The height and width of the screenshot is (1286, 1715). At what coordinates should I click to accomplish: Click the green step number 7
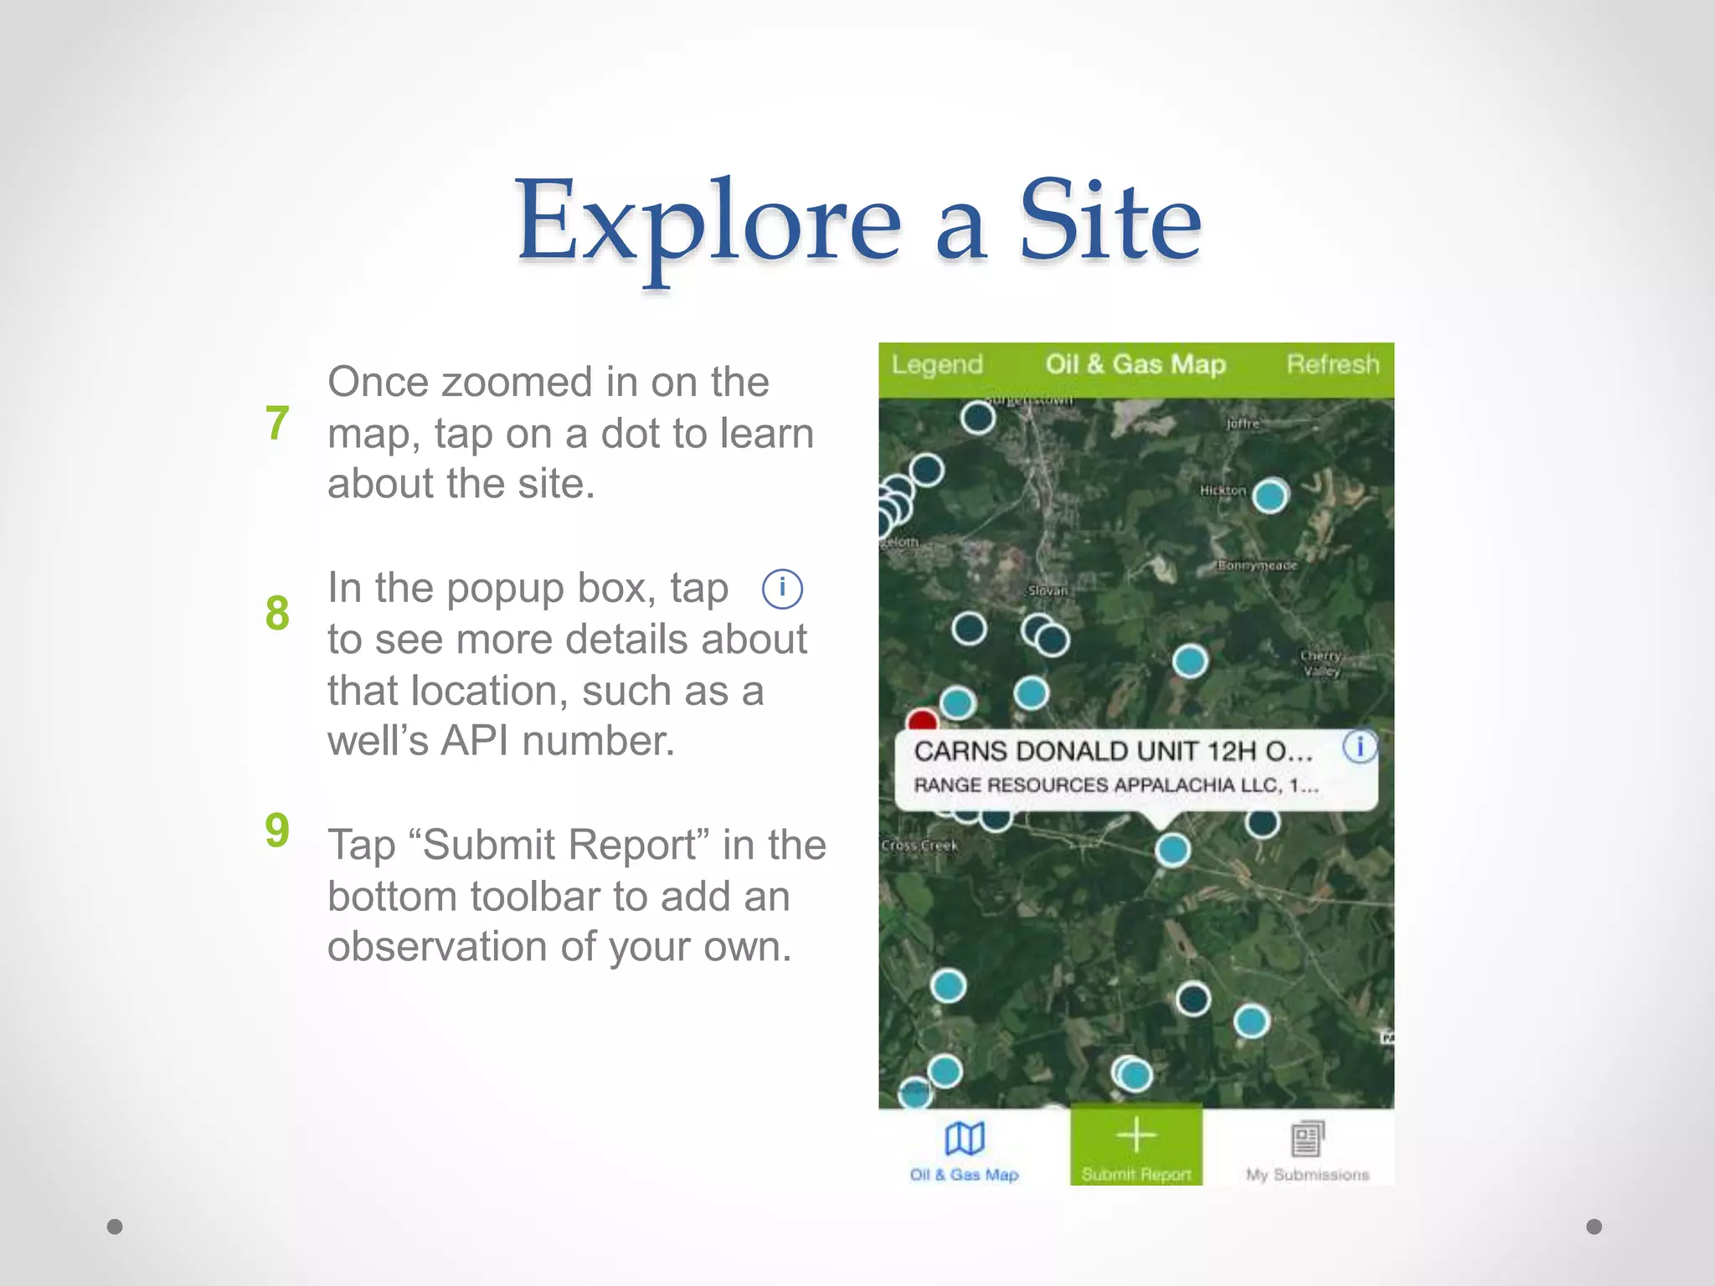coord(277,424)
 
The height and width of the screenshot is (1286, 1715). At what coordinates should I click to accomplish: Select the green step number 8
coord(277,613)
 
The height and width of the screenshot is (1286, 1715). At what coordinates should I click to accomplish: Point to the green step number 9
coord(277,830)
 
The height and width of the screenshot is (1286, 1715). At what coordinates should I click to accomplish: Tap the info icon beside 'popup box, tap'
coord(782,589)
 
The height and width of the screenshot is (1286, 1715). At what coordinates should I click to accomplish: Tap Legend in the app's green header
coord(936,365)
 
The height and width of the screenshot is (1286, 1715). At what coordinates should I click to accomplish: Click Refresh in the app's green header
coord(1332,365)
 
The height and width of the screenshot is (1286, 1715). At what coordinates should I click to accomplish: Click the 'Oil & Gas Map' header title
coord(1135,365)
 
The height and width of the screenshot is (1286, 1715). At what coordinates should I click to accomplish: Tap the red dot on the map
coord(922,721)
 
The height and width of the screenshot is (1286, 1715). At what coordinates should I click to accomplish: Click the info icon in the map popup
coord(1359,746)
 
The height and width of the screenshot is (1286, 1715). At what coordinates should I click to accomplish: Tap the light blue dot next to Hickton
coord(1270,496)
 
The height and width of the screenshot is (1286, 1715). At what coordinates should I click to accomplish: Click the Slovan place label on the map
coord(1048,591)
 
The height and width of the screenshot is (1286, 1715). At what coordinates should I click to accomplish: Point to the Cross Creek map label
coord(919,846)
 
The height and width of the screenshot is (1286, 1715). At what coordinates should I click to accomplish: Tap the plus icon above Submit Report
coord(1136,1136)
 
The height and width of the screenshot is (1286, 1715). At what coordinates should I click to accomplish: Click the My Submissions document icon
coord(1307,1139)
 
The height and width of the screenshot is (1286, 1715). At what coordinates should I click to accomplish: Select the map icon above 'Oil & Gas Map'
coord(965,1139)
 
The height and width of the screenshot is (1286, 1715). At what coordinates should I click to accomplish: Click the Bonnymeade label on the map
coord(1257,566)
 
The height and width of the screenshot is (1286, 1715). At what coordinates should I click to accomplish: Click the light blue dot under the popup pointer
coord(1172,849)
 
